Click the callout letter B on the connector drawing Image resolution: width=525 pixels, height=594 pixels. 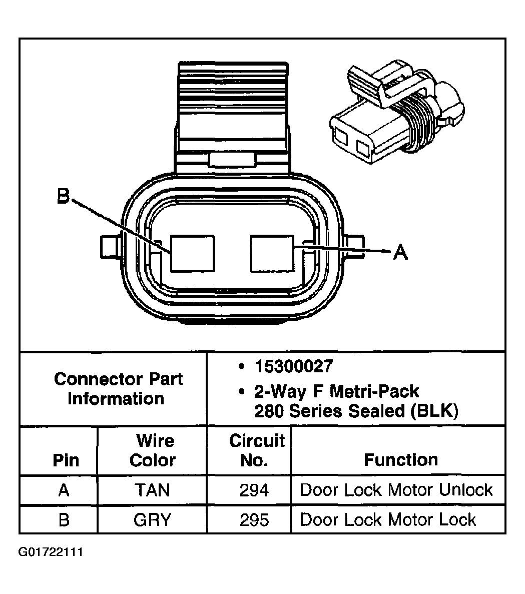point(63,197)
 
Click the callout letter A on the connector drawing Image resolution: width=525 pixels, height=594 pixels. point(400,252)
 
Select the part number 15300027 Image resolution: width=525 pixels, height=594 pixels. point(293,366)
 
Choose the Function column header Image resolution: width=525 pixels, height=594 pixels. point(401,459)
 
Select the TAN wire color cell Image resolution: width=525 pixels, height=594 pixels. point(152,490)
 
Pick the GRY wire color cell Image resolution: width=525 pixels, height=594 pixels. point(152,520)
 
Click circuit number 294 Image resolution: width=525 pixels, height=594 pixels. point(254,490)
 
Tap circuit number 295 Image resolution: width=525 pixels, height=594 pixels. point(254,520)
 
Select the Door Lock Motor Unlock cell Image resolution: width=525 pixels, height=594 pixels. point(396,490)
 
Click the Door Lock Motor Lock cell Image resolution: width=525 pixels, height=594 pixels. point(388,520)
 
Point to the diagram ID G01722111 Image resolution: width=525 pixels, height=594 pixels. point(51,552)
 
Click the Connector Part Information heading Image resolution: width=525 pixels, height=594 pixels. point(118,389)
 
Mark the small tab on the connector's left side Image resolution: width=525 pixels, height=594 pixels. point(109,246)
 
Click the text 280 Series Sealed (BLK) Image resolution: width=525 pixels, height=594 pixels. point(356,411)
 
